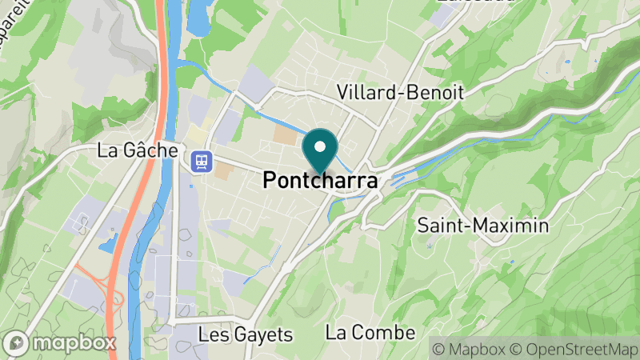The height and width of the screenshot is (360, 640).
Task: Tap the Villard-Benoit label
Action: point(400,92)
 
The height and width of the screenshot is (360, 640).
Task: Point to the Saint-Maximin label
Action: point(483,225)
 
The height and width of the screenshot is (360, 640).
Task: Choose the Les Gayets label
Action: point(246,334)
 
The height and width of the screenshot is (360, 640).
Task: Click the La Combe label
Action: point(370,332)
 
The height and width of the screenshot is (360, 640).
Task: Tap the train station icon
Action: point(201,160)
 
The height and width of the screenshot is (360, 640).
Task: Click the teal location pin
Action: point(320,152)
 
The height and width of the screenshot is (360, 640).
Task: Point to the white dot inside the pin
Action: point(320,146)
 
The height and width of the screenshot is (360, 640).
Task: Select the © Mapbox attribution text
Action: point(470,349)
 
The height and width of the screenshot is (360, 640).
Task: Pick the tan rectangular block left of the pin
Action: point(284,134)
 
